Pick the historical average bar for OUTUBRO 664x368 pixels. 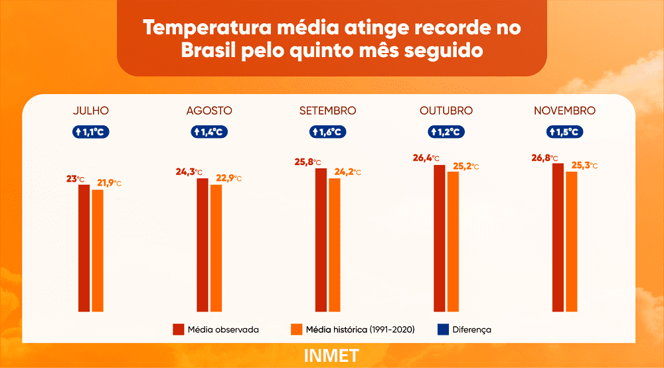453,241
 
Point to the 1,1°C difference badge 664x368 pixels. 91,132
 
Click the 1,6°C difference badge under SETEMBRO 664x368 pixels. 327,132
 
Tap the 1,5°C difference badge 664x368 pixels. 564,132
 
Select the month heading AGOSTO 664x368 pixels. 209,111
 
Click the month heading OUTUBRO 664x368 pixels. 446,111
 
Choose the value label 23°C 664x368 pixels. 75,178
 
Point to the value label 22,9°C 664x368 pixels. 228,178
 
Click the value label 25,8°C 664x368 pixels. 307,162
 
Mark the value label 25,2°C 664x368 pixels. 465,166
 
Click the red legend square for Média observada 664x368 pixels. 178,330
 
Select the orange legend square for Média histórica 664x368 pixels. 296,330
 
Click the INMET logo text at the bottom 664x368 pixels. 331,355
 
